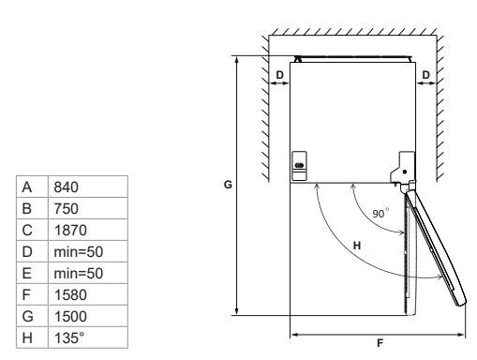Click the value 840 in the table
66,187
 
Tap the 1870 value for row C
70,231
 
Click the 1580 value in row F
70,295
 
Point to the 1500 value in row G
70,317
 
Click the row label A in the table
27,187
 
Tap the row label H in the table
27,337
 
